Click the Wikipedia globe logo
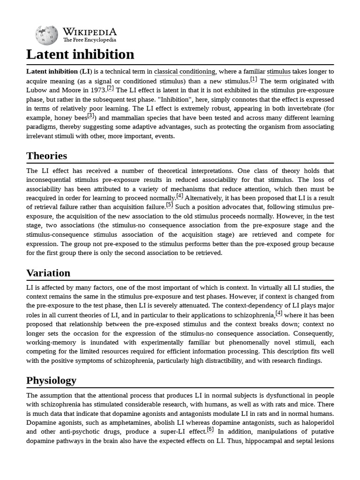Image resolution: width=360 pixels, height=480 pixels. (46, 35)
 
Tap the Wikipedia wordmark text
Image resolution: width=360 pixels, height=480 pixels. (90, 32)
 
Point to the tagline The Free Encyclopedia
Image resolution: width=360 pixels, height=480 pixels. (90, 40)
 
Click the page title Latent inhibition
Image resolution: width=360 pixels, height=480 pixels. (80, 54)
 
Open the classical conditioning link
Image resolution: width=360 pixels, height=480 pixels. (184, 72)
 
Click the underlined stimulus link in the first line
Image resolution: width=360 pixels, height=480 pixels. (278, 72)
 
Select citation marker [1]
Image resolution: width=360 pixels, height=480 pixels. (254, 79)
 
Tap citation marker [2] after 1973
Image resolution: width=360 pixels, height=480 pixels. (110, 88)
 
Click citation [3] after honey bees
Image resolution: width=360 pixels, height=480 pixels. (91, 115)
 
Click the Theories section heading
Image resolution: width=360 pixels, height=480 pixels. (47, 156)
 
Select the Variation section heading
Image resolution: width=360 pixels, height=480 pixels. (48, 273)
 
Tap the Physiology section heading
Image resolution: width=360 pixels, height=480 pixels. (52, 380)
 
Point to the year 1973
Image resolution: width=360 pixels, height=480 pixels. (96, 90)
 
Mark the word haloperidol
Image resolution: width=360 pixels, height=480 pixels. (315, 423)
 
